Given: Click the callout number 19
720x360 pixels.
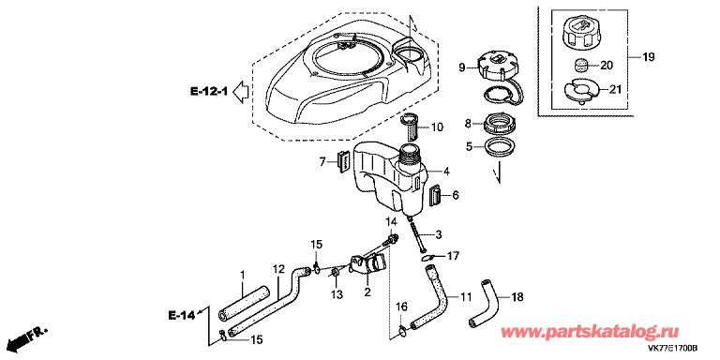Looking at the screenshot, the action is [x=648, y=57].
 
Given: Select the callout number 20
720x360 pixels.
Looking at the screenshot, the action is [x=607, y=67].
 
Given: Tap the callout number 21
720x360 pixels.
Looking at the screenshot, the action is [x=614, y=90].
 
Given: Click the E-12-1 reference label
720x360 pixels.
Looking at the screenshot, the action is [x=209, y=92].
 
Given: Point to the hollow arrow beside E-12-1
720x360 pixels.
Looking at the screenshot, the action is [x=240, y=92].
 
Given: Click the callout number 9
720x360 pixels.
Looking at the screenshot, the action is [x=462, y=68].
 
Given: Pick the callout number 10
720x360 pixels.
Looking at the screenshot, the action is [x=437, y=127].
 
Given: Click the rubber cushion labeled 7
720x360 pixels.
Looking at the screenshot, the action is [x=343, y=160].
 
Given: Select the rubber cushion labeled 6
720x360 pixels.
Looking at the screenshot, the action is [x=434, y=195].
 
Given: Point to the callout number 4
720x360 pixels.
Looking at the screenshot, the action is [x=447, y=172].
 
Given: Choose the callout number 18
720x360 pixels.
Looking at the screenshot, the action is [x=517, y=297].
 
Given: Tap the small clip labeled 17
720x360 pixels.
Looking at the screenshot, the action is [x=428, y=258].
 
